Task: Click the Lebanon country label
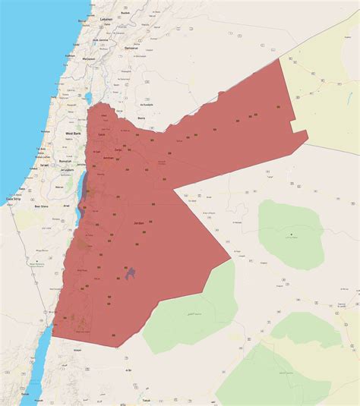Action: (107, 17)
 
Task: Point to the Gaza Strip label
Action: (13, 198)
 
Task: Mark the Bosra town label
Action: (141, 118)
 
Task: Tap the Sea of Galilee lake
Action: (89, 98)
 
